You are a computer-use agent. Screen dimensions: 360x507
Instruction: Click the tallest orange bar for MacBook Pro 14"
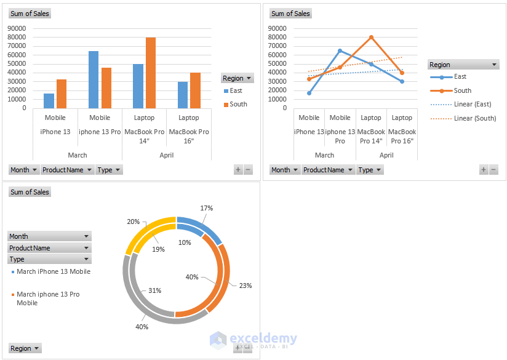150,73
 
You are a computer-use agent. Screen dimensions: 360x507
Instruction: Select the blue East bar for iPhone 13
49,100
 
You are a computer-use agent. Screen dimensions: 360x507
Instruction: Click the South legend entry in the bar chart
238,104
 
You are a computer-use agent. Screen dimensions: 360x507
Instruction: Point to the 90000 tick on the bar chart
16,28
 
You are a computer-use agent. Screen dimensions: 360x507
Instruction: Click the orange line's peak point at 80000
371,37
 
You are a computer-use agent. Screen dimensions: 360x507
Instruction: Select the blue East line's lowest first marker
309,93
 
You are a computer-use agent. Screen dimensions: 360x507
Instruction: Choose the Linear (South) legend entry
474,118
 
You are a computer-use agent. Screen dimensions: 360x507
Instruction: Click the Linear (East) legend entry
472,104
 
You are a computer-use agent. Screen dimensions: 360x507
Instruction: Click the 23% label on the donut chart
246,286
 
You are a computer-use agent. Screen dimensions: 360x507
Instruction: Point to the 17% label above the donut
207,209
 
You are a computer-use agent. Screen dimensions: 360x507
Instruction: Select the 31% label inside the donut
155,290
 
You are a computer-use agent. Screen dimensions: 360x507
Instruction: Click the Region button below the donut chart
25,348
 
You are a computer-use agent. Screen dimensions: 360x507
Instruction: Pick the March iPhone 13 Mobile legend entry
53,271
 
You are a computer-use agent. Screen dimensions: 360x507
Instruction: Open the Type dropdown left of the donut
49,259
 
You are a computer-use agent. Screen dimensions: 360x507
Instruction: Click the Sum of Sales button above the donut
30,192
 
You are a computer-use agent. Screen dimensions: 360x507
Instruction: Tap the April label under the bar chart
166,155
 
